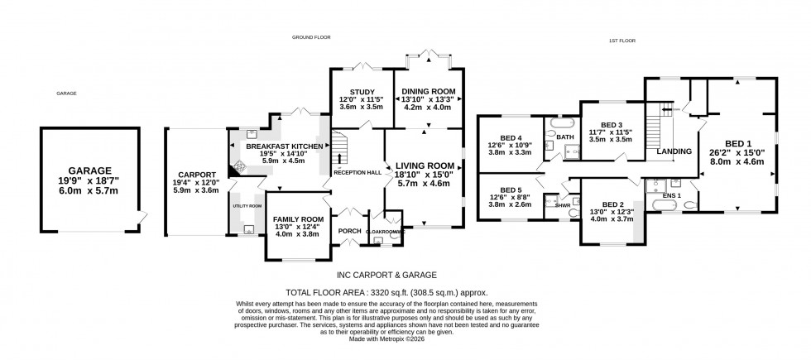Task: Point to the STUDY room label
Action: pyautogui.click(x=362, y=92)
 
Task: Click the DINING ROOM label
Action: pyautogui.click(x=428, y=92)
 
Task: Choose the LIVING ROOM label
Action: pyautogui.click(x=425, y=166)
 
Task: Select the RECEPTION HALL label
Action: pyautogui.click(x=357, y=172)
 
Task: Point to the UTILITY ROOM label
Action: pyautogui.click(x=247, y=205)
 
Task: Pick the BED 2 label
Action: pyautogui.click(x=612, y=204)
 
